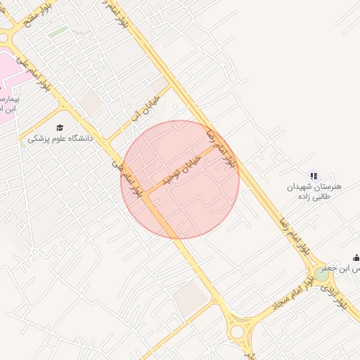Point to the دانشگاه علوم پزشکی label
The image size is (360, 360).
pyautogui.click(x=60, y=139)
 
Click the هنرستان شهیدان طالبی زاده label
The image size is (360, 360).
pyautogui.click(x=314, y=191)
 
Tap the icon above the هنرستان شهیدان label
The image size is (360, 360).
pyautogui.click(x=314, y=176)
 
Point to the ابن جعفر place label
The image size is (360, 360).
pyautogui.click(x=339, y=269)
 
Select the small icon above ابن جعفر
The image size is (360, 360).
pyautogui.click(x=356, y=257)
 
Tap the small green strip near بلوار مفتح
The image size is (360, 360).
pyautogui.click(x=58, y=32)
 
